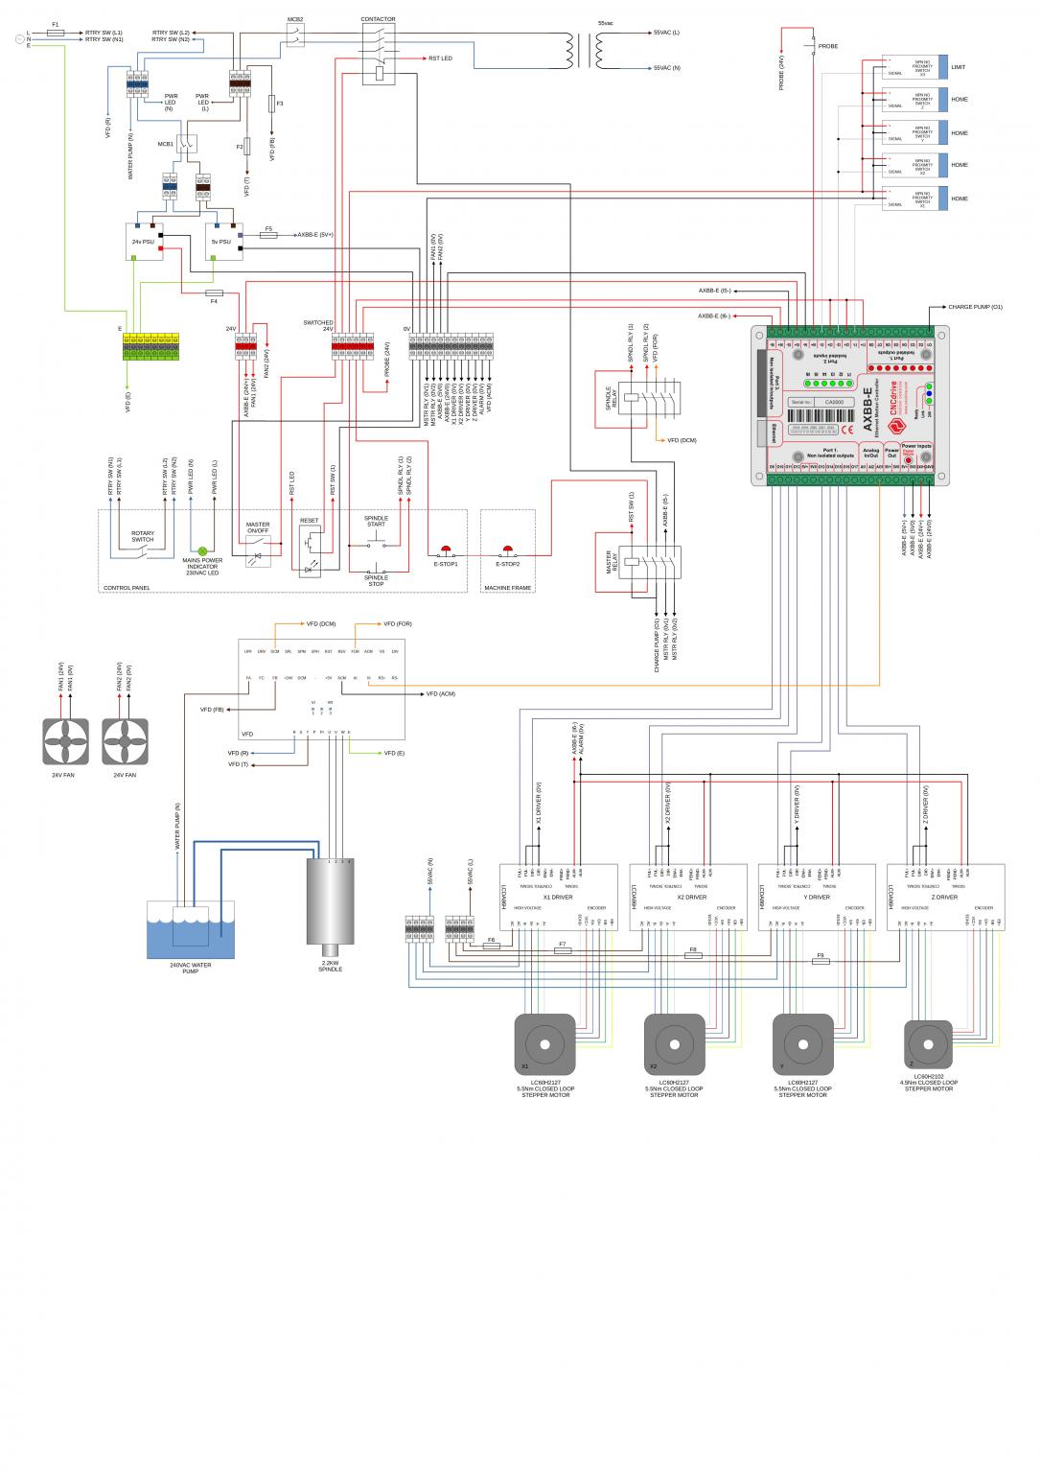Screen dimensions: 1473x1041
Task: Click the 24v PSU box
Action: coord(144,242)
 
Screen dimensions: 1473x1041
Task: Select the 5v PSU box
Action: coord(222,242)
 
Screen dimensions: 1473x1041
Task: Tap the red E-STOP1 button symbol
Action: coord(445,550)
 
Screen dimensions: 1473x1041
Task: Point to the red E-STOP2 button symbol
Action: coord(507,550)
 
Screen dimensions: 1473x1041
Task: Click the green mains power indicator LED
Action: coord(202,551)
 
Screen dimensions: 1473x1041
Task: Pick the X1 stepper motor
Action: coord(544,1043)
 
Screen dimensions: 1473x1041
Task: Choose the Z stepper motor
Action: coord(928,1043)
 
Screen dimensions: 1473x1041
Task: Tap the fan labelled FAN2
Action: coord(125,741)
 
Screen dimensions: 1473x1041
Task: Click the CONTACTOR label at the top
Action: coord(378,19)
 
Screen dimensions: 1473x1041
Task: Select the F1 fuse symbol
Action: coord(56,33)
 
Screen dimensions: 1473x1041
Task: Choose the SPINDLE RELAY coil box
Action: coord(633,396)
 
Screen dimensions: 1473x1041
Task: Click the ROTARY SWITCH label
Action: coord(142,536)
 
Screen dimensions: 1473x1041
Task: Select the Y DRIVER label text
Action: coord(817,898)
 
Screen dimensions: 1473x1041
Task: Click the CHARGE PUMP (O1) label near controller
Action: coord(975,307)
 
